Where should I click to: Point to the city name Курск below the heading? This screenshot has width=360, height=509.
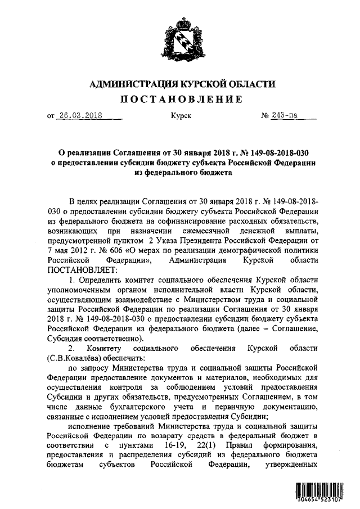coord(181,116)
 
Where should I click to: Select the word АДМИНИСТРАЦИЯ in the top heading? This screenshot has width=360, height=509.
coord(134,84)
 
